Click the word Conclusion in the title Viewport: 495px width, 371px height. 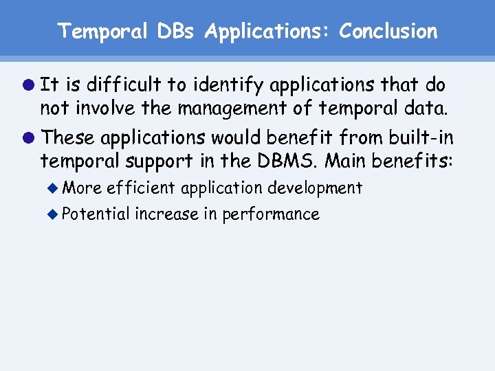[388, 32]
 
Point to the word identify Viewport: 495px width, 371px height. [228, 85]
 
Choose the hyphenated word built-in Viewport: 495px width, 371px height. [421, 138]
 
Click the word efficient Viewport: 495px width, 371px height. [141, 188]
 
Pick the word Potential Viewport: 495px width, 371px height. [96, 214]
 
